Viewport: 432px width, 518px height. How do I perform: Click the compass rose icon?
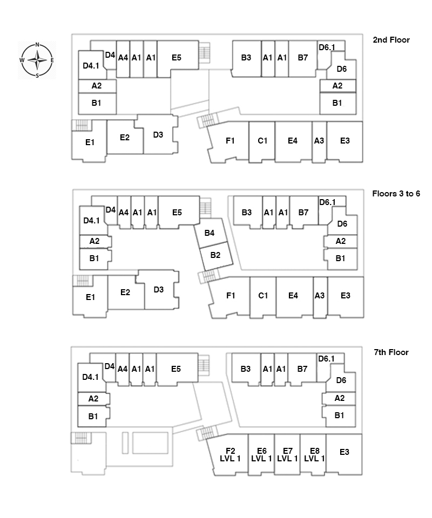(37, 60)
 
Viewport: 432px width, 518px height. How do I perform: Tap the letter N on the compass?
(37, 45)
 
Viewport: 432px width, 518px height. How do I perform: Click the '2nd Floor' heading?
(391, 40)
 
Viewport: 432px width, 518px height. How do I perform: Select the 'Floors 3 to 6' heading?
(396, 193)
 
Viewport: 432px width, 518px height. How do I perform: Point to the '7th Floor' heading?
(391, 352)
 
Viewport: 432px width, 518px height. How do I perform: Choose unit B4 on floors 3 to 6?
(210, 233)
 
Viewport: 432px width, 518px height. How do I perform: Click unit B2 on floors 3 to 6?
(215, 255)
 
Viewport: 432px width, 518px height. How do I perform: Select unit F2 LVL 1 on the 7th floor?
(230, 454)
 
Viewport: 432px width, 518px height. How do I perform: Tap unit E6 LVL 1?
(261, 454)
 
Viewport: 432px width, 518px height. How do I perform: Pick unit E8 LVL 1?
(314, 454)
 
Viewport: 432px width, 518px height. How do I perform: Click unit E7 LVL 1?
(287, 454)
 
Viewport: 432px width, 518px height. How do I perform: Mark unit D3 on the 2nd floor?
(158, 135)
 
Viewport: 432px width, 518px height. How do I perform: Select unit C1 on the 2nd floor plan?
(262, 141)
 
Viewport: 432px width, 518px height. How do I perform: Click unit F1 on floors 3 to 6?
(231, 295)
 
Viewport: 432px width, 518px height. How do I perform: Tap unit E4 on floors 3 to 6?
(293, 295)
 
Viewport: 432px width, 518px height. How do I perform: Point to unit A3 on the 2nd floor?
(319, 141)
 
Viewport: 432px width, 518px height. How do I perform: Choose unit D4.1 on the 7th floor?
(91, 378)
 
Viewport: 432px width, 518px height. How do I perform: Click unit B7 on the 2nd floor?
(302, 58)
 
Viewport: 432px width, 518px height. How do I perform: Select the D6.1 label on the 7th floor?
(326, 358)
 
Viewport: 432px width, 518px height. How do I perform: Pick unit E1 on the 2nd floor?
(90, 142)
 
